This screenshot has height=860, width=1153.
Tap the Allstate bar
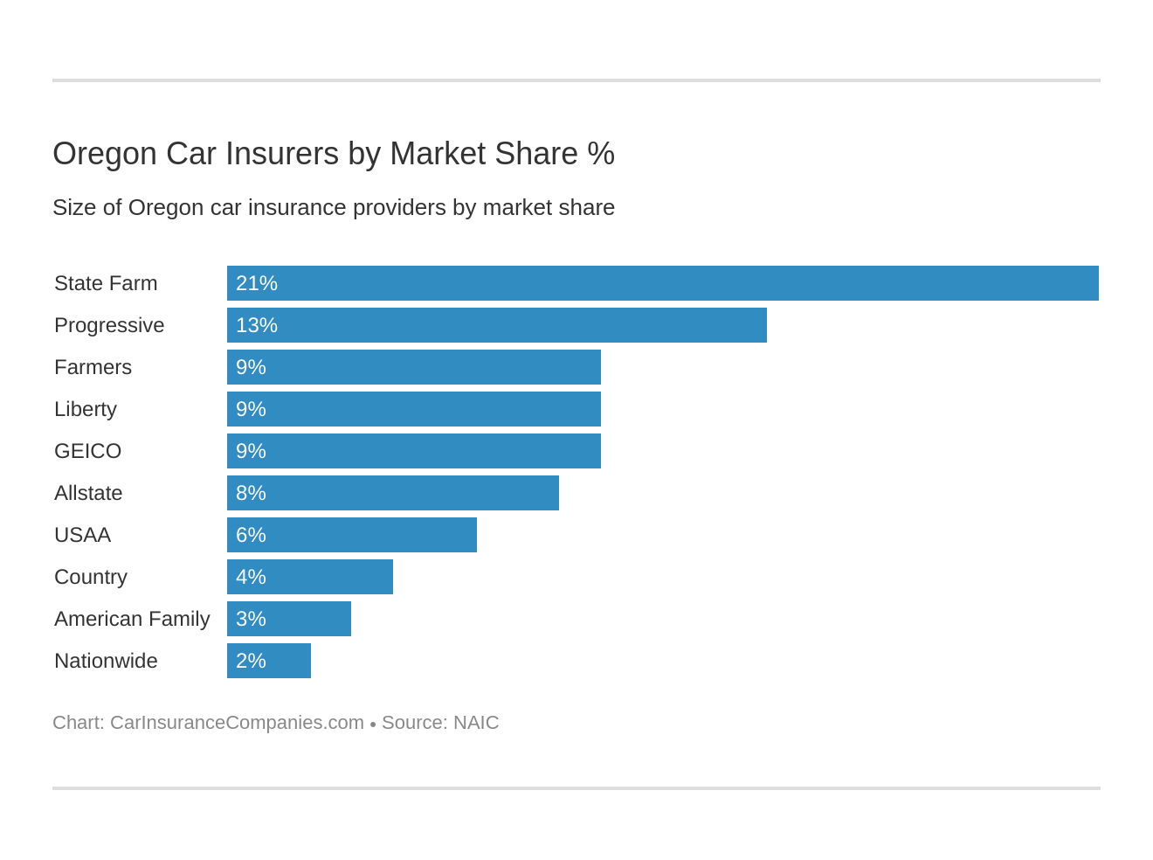393,493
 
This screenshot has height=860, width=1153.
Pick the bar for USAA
352,535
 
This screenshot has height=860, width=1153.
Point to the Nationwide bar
269,661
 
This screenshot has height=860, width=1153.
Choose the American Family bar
289,619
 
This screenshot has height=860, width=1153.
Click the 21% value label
257,283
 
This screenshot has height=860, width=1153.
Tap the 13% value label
257,325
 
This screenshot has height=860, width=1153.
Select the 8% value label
251,493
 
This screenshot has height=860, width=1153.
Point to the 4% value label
251,577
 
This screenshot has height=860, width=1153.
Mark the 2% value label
251,661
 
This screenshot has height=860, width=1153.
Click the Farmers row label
93,367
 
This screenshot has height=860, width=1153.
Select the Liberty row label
86,409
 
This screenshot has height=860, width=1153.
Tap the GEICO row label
87,451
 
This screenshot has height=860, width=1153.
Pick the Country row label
91,577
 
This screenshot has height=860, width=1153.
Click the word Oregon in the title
105,154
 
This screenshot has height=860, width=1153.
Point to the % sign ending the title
601,154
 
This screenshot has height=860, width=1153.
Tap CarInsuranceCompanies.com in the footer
237,723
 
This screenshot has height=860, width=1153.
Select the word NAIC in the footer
476,723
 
